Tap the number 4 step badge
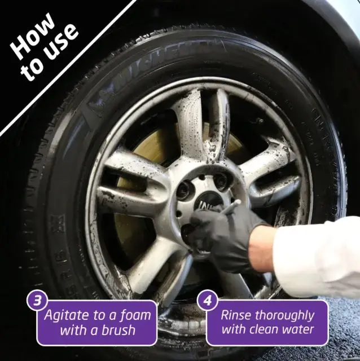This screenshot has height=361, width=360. pyautogui.click(x=208, y=300)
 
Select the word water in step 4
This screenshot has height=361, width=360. pyautogui.click(x=297, y=329)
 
